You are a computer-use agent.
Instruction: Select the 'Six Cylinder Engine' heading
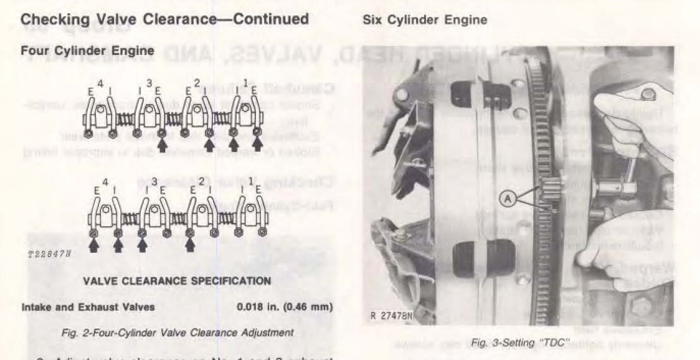413,20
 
